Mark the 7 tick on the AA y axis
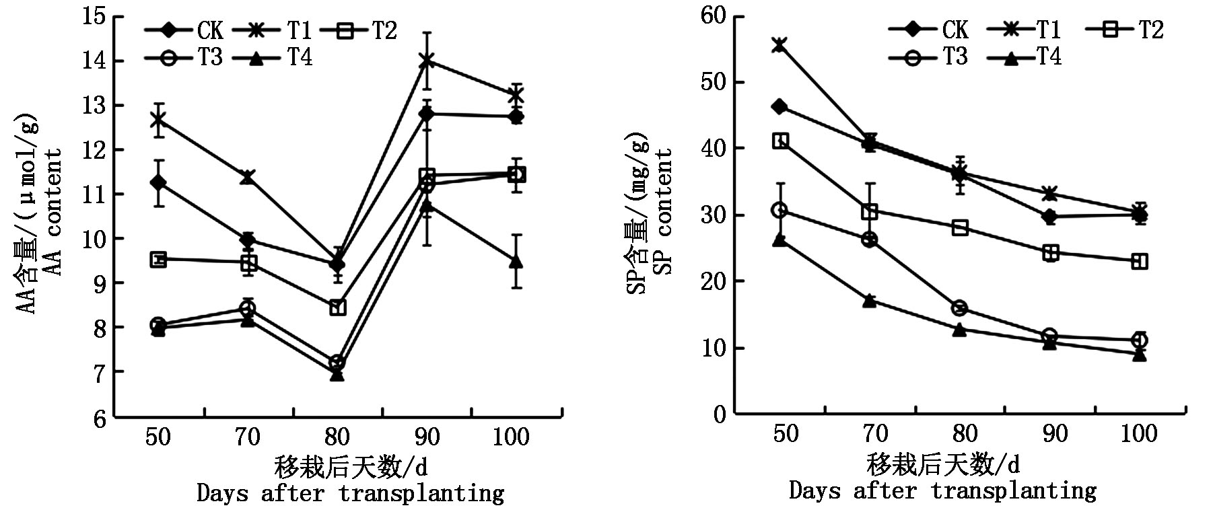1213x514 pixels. pos(98,372)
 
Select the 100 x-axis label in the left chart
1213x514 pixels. pos(511,437)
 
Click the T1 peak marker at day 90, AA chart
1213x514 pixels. pos(427,61)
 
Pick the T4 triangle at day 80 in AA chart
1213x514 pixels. pos(337,374)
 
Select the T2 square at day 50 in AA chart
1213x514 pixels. pos(158,260)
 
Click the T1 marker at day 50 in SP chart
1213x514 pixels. pos(779,45)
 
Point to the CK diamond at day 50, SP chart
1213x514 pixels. pos(779,106)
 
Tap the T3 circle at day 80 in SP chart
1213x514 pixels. pos(959,309)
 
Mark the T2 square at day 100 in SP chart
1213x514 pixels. pos(1139,261)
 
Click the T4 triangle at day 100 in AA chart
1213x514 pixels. pos(516,262)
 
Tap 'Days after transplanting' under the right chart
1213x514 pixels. pos(942,490)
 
